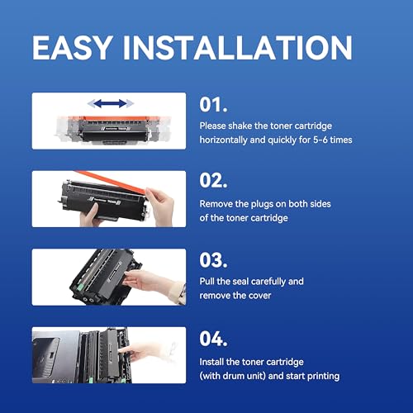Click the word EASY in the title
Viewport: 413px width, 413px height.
pos(73,47)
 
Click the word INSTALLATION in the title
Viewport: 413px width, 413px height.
pos(238,47)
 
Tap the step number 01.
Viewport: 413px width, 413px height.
pos(213,105)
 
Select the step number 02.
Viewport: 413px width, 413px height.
pos(213,181)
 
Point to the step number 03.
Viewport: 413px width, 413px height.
pos(213,260)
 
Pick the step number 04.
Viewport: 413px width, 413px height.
pos(213,339)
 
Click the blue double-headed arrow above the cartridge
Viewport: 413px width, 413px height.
pos(110,103)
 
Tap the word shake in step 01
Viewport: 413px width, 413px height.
pos(240,126)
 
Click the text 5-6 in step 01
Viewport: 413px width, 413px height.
pos(320,140)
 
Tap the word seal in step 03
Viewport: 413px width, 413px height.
pos(240,282)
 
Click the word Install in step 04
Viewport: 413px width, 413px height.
pos(211,362)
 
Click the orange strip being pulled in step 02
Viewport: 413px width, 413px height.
pos(110,181)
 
